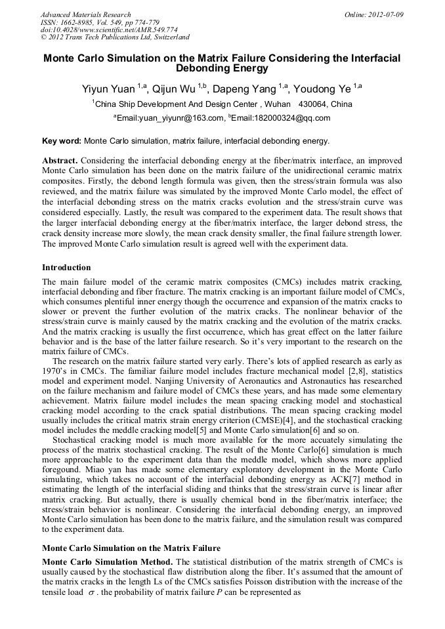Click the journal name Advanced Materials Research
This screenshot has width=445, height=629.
tap(85, 14)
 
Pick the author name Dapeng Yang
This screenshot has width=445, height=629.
tap(244, 89)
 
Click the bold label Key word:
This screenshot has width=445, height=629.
tap(62, 141)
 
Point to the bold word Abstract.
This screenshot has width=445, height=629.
tap(60, 161)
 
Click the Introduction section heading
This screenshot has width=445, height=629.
tap(66, 268)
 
